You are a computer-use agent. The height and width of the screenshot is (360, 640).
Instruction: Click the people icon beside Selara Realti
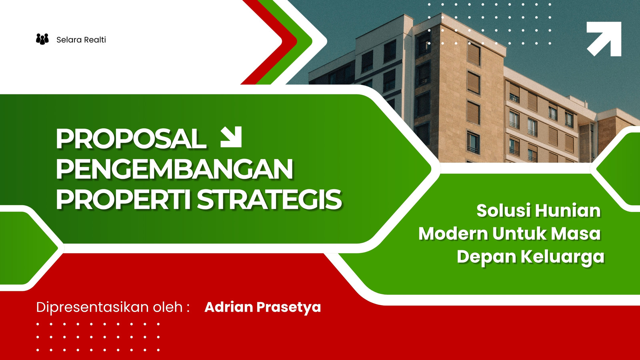pos(42,39)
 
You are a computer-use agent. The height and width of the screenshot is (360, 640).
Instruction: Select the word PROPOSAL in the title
pos(131,139)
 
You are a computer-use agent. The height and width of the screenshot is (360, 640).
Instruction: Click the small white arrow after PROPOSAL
pos(231,137)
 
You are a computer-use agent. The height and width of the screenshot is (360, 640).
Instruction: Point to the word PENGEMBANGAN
pos(174,169)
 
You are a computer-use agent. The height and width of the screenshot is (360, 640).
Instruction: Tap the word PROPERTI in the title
pos(123,200)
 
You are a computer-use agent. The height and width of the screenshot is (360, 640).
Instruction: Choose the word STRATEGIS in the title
pos(270,200)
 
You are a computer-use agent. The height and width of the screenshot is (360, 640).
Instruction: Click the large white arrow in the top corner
pos(604,39)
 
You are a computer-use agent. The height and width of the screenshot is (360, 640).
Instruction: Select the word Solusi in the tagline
pos(504,210)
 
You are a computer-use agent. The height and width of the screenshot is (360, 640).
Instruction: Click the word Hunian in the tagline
pos(568,210)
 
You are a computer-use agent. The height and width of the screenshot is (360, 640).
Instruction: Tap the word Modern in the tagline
pos(453,234)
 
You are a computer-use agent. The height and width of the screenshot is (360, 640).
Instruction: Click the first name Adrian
pos(229,307)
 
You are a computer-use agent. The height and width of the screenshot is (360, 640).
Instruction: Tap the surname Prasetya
pos(289,308)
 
